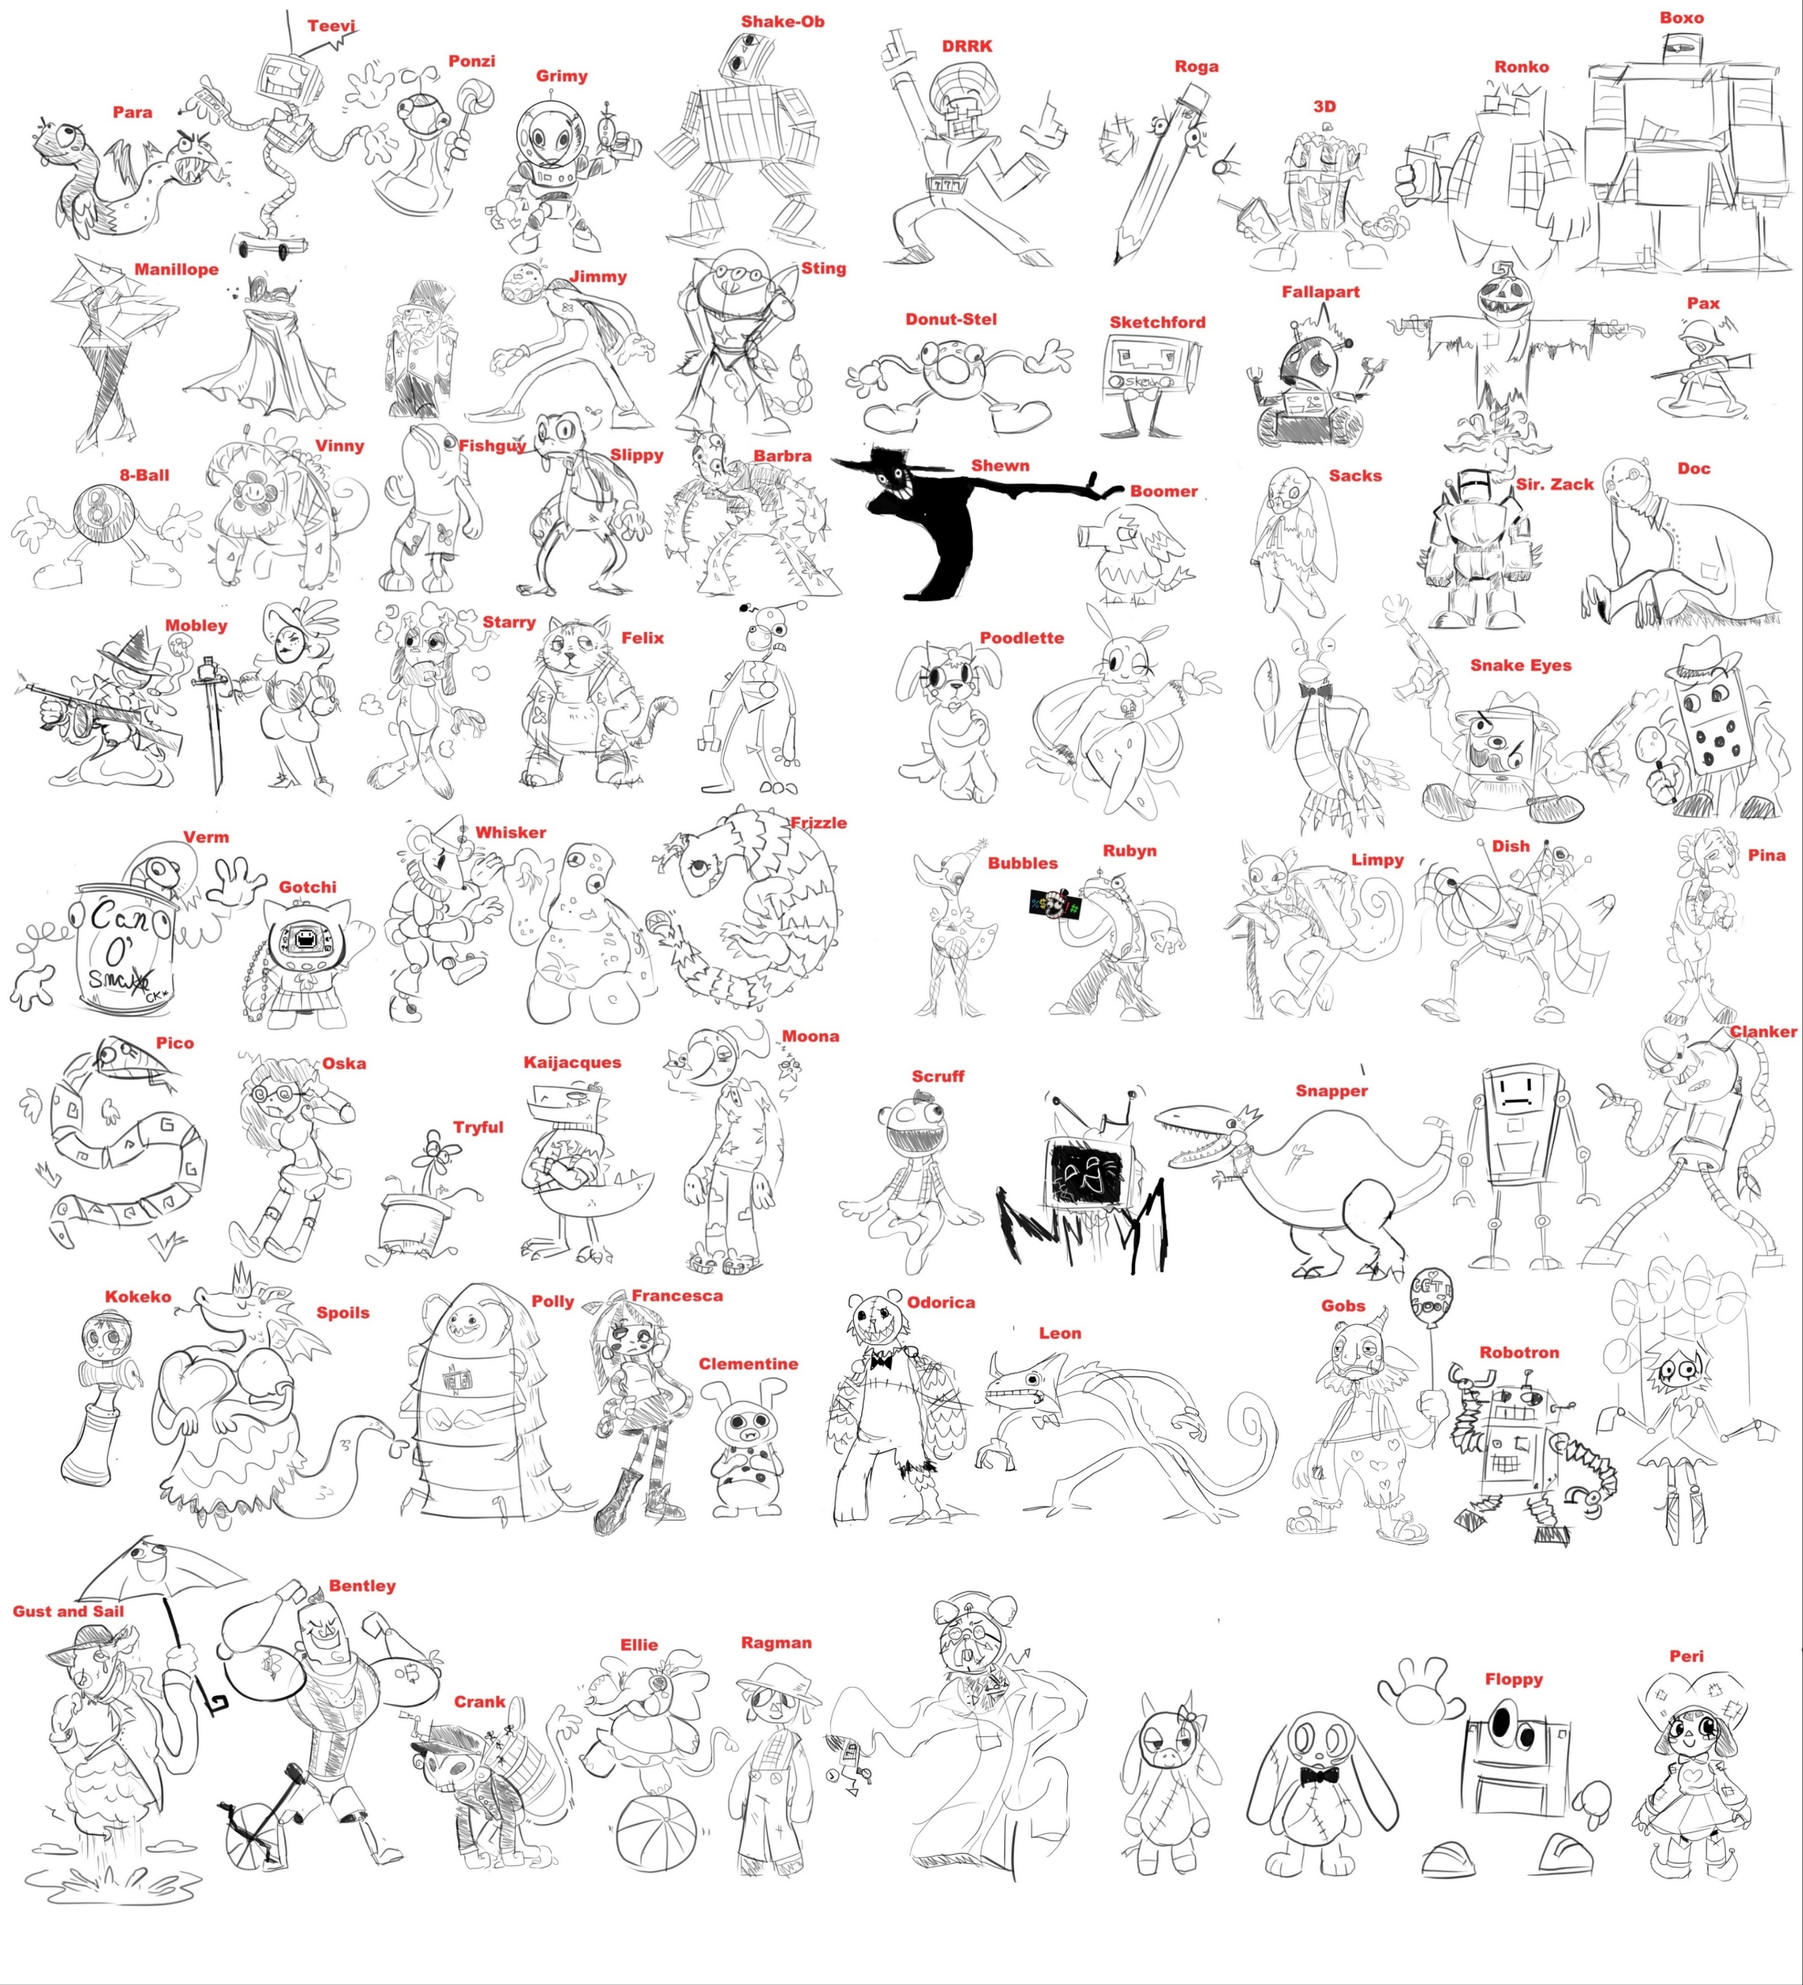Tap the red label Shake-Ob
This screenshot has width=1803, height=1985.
coord(783,21)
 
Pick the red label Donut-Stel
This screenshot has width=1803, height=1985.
coord(951,319)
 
